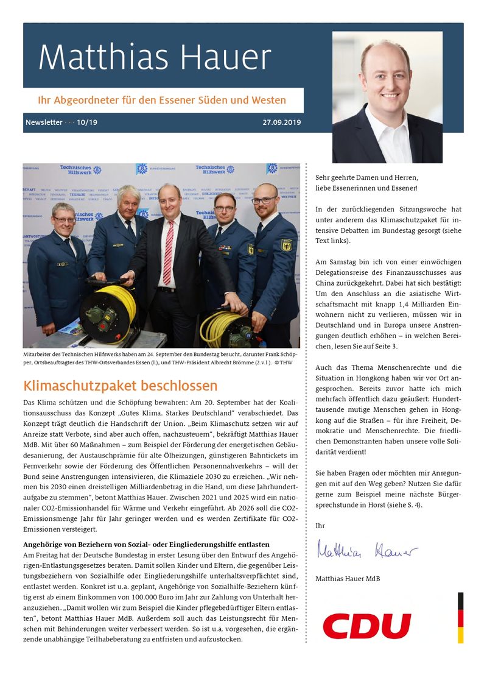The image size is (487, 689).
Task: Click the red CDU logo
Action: (x=366, y=626)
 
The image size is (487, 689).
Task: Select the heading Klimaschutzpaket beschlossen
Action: (x=121, y=386)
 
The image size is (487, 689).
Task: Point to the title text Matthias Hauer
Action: (x=155, y=58)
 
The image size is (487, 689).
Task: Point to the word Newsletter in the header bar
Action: (x=44, y=122)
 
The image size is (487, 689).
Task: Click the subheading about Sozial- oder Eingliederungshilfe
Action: (x=146, y=544)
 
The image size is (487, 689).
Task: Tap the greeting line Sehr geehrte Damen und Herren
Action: (x=367, y=177)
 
